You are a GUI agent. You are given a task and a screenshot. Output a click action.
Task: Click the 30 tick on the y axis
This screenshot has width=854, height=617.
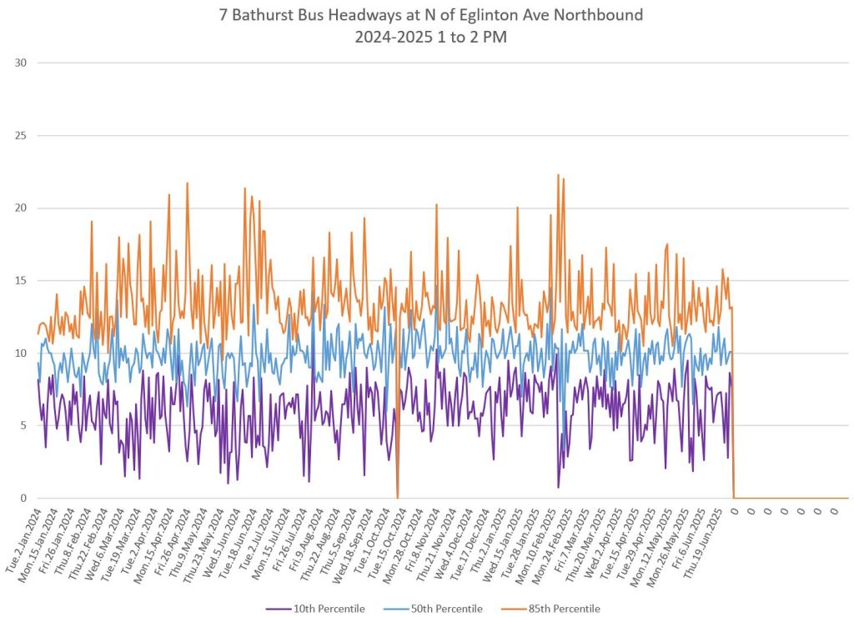(22, 63)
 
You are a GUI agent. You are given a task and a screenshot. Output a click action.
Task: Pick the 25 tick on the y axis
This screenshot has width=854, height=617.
(22, 135)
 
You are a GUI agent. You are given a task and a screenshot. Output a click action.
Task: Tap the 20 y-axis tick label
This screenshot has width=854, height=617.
(22, 208)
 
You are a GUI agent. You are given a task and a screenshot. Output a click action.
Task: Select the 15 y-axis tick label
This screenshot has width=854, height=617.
(22, 280)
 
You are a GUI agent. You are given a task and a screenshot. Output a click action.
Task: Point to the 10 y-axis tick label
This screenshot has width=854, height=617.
(22, 353)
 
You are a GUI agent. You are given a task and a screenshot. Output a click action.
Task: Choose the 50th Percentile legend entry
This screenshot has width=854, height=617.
(446, 609)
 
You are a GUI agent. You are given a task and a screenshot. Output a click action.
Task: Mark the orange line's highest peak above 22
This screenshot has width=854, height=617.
(557, 175)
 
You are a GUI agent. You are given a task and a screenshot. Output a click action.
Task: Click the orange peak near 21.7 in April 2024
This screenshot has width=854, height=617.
(187, 183)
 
